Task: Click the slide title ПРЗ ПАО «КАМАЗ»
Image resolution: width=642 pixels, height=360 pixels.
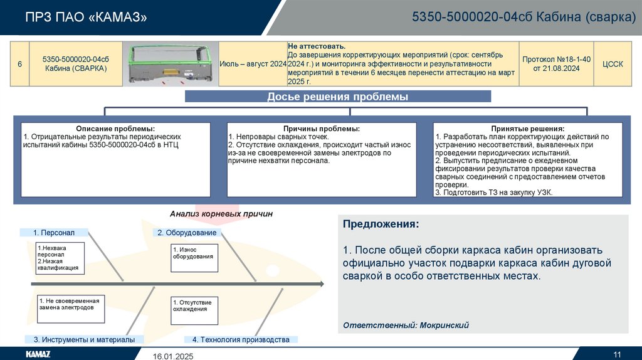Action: coord(87,18)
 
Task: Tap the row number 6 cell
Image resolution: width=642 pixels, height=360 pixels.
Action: coord(19,64)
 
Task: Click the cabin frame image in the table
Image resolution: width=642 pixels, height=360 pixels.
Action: coord(169,64)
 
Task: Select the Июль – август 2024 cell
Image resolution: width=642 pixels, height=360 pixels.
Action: coord(253,64)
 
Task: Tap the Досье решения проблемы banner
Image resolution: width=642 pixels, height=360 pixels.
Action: coord(337,97)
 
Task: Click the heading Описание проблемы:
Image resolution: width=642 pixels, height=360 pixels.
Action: coord(115,129)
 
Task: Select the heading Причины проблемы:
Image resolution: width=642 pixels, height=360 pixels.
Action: coord(321,129)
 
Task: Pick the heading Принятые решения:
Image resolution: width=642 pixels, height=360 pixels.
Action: coord(527,129)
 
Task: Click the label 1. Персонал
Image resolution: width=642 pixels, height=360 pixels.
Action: coord(54,233)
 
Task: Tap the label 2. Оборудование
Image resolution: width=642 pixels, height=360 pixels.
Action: coord(187,233)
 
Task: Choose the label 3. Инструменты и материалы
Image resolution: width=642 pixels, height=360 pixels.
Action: coord(84,339)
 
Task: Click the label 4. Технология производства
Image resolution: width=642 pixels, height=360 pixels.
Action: coord(241,339)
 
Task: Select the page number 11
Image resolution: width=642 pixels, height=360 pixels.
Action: coord(617,351)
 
